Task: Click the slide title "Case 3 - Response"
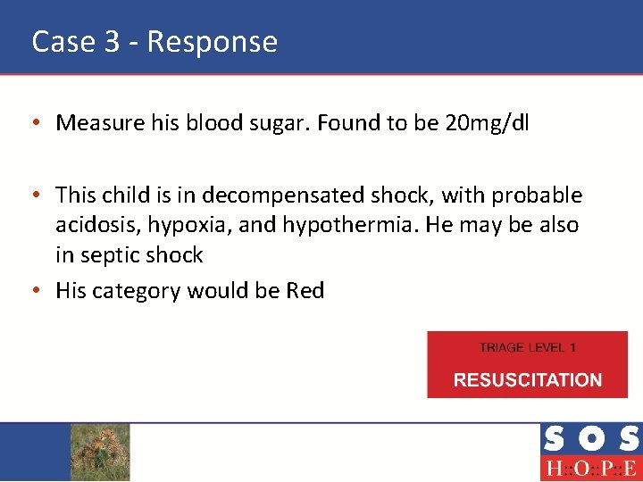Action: point(154,41)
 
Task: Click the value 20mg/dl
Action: point(486,123)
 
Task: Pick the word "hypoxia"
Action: point(191,225)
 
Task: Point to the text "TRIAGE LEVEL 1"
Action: point(527,347)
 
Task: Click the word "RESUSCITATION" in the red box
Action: point(527,379)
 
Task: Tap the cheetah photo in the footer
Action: point(100,452)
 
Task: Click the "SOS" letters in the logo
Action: point(590,439)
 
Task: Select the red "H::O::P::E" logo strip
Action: point(590,469)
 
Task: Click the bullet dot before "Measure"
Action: point(42,123)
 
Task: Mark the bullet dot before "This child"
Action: point(42,195)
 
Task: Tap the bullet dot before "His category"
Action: point(42,290)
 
